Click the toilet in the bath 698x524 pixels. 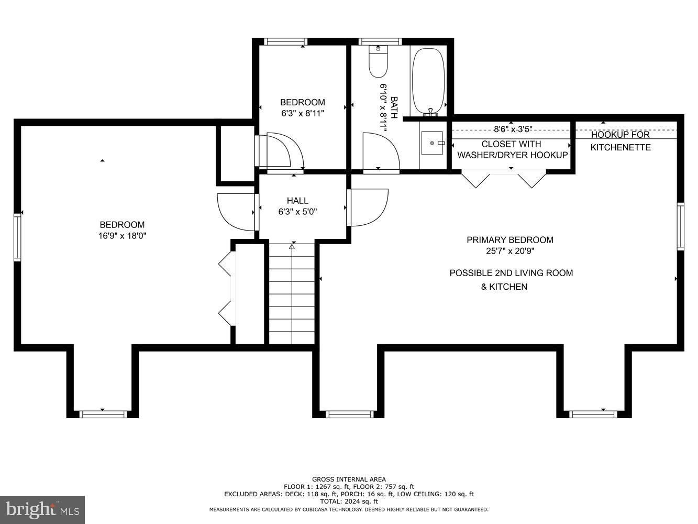tap(378, 61)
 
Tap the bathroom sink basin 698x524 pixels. tap(432, 143)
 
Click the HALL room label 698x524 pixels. tap(297, 201)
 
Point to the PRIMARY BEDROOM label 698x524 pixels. tap(510, 240)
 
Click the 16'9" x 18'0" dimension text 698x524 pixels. tap(123, 236)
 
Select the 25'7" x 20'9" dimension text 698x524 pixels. tap(510, 251)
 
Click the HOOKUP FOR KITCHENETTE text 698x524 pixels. tap(621, 141)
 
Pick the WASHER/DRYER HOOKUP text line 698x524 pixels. tap(513, 155)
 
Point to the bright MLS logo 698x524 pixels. tap(42, 510)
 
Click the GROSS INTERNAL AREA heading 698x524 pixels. tap(349, 479)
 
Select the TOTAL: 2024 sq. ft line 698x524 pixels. tap(349, 501)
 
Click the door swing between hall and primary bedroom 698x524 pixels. tap(369, 208)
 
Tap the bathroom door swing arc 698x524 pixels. tap(381, 151)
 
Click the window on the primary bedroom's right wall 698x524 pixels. tap(681, 226)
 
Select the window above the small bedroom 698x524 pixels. tap(285, 42)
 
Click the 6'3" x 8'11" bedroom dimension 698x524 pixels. tap(303, 113)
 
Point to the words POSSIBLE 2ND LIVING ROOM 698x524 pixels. tap(512, 273)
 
